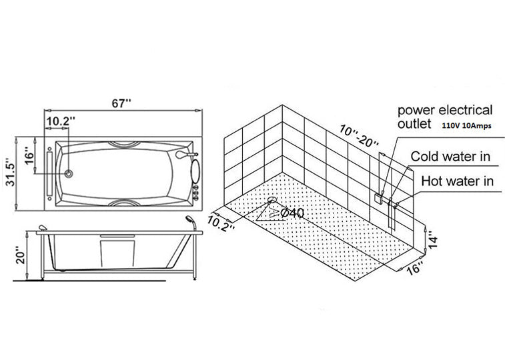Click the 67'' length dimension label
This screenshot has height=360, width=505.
click(x=121, y=103)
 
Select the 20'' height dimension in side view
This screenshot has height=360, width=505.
click(x=20, y=255)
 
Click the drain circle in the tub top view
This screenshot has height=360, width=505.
click(x=68, y=174)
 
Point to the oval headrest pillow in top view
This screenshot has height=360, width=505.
click(x=195, y=171)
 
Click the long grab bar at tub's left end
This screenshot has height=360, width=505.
click(x=49, y=174)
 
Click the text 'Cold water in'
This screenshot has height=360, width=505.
click(x=450, y=157)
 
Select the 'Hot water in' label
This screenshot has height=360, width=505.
click(x=458, y=181)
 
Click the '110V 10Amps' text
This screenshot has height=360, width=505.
click(x=467, y=126)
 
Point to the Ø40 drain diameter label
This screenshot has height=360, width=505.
click(x=292, y=213)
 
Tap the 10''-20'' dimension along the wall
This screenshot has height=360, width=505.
click(x=359, y=137)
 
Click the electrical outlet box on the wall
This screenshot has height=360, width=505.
click(x=378, y=199)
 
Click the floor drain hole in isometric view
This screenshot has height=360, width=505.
click(x=272, y=200)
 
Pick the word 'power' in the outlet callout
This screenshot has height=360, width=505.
click(x=416, y=111)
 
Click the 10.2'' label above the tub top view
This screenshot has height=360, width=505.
click(x=61, y=121)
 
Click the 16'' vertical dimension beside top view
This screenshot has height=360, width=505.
click(x=29, y=155)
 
